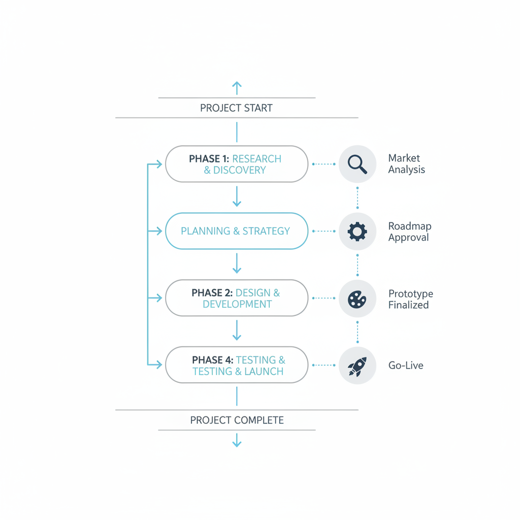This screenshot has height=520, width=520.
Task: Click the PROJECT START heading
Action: [x=236, y=108]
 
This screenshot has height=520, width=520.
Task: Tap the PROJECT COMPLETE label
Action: [x=237, y=420]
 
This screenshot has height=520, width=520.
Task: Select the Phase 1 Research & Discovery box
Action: [x=236, y=164]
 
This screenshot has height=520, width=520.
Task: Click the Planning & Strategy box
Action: [x=236, y=231]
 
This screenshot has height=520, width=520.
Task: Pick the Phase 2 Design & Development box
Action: [x=236, y=298]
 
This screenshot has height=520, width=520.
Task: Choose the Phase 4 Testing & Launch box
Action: [x=236, y=365]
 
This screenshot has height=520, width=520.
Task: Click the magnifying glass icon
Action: [x=357, y=164]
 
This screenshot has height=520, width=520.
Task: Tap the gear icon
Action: [x=357, y=232]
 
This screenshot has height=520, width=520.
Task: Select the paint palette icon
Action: [x=357, y=299]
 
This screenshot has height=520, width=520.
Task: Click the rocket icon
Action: [x=357, y=366]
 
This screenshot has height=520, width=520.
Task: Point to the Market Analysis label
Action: [x=406, y=164]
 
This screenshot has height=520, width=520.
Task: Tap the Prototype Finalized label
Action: [x=410, y=299]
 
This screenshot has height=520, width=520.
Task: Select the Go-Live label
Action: [x=405, y=366]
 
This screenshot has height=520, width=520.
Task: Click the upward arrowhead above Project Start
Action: [x=237, y=85]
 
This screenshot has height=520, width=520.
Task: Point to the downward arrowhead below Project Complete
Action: [x=237, y=443]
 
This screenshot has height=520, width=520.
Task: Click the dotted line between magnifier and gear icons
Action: [x=357, y=198]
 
